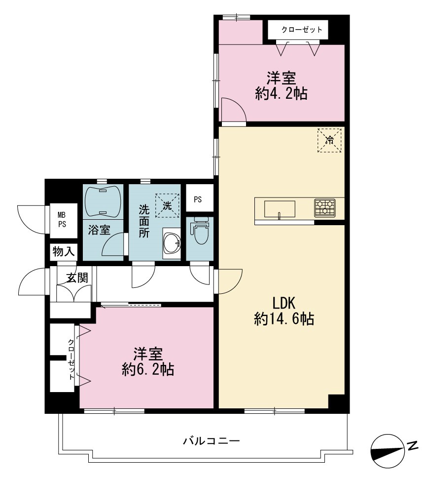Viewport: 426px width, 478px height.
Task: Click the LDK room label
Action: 284,303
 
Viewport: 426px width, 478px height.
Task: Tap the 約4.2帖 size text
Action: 281,93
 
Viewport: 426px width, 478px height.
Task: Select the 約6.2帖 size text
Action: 148,369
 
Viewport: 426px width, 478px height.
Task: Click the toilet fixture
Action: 200,230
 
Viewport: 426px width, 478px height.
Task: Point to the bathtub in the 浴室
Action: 103,201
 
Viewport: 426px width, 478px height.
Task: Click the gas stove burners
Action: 324,207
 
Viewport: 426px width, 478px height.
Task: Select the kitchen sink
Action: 280,209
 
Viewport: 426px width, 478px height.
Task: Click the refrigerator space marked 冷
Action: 329,140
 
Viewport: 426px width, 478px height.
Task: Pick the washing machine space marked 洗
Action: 167,205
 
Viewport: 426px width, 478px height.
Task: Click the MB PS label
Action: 62,220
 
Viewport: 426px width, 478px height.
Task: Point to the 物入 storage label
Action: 64,252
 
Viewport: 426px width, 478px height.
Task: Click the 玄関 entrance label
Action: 77,278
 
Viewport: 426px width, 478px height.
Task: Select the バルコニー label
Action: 212,441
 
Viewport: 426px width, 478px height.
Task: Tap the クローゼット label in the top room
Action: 302,30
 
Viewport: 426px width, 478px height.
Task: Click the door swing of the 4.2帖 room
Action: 233,110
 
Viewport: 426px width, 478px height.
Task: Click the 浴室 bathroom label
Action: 99,230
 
